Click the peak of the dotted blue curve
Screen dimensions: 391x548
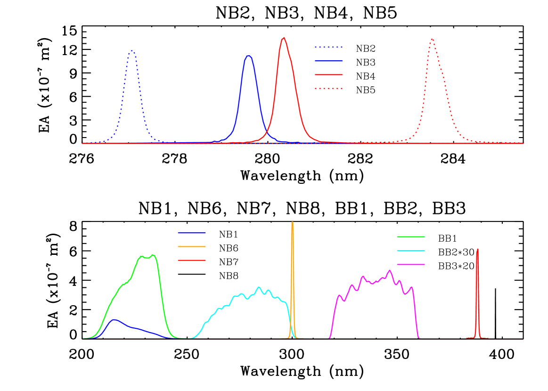coord(132,50)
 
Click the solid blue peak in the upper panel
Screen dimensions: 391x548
coord(249,56)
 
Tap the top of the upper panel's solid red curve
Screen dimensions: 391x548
coord(283,38)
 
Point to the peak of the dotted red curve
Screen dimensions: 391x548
coord(432,39)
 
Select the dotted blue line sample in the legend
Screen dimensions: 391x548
coord(328,47)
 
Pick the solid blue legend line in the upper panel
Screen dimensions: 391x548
coord(328,61)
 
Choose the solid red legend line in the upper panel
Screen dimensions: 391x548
coord(328,74)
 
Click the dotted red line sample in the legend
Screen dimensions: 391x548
coord(328,88)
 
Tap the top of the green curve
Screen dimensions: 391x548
coord(153,255)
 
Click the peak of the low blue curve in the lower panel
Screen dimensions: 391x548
coord(114,320)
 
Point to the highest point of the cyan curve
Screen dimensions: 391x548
coord(259,287)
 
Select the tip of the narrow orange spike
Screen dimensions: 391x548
coord(292,222)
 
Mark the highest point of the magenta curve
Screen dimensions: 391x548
coord(389,270)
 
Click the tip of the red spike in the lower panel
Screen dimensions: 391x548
coord(477,249)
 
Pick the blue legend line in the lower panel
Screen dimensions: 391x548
coord(192,233)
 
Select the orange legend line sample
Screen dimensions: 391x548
coord(192,246)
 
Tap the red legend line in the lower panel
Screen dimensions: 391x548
coord(192,260)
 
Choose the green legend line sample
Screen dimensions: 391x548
coord(411,236)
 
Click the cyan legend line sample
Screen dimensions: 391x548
coord(411,251)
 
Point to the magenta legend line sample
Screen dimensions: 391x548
coord(411,265)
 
